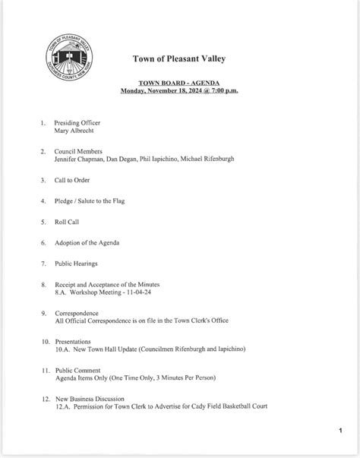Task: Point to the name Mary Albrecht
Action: click(x=75, y=131)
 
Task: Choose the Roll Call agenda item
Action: click(x=67, y=222)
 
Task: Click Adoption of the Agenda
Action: click(x=87, y=242)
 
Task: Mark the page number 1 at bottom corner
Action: click(x=340, y=431)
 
